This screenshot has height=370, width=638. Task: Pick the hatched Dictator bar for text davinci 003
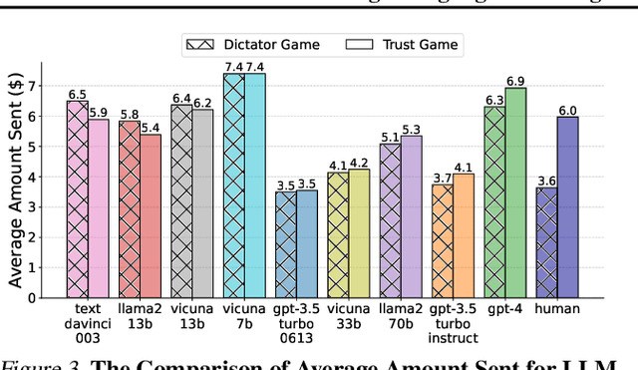click(x=77, y=198)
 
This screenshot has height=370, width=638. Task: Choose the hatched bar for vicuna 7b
click(x=233, y=185)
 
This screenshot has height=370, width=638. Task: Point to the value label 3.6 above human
click(x=545, y=180)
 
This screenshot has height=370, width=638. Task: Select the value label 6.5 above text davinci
click(x=77, y=93)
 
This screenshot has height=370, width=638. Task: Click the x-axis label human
click(x=556, y=310)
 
